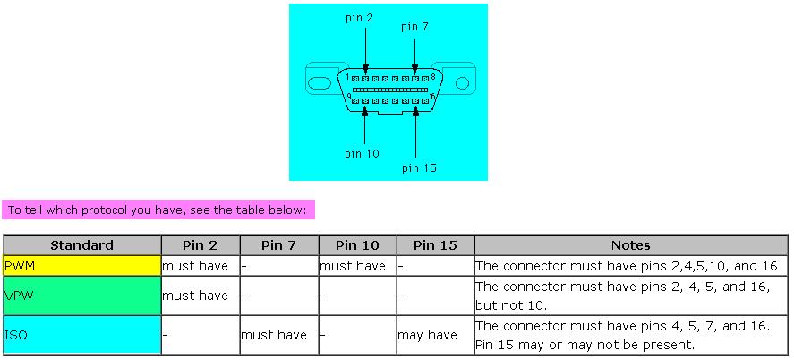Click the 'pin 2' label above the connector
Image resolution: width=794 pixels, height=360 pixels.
point(359,18)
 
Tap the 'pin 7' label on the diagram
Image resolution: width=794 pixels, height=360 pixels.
point(414,27)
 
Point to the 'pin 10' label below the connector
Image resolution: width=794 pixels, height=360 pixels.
point(362,154)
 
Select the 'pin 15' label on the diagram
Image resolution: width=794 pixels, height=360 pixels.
point(419,167)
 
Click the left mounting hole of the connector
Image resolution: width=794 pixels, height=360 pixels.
point(320,83)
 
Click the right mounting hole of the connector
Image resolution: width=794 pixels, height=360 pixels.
point(462,83)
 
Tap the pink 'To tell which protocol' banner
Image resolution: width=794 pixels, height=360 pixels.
point(158,210)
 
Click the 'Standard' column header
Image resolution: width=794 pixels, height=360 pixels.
point(81,245)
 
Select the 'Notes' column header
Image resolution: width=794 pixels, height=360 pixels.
point(630,245)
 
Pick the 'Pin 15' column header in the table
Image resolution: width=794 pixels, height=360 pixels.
point(435,245)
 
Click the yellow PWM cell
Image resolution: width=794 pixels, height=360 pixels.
point(81,266)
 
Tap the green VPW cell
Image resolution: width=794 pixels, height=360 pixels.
point(81,296)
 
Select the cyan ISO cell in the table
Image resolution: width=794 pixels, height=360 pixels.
point(81,335)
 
